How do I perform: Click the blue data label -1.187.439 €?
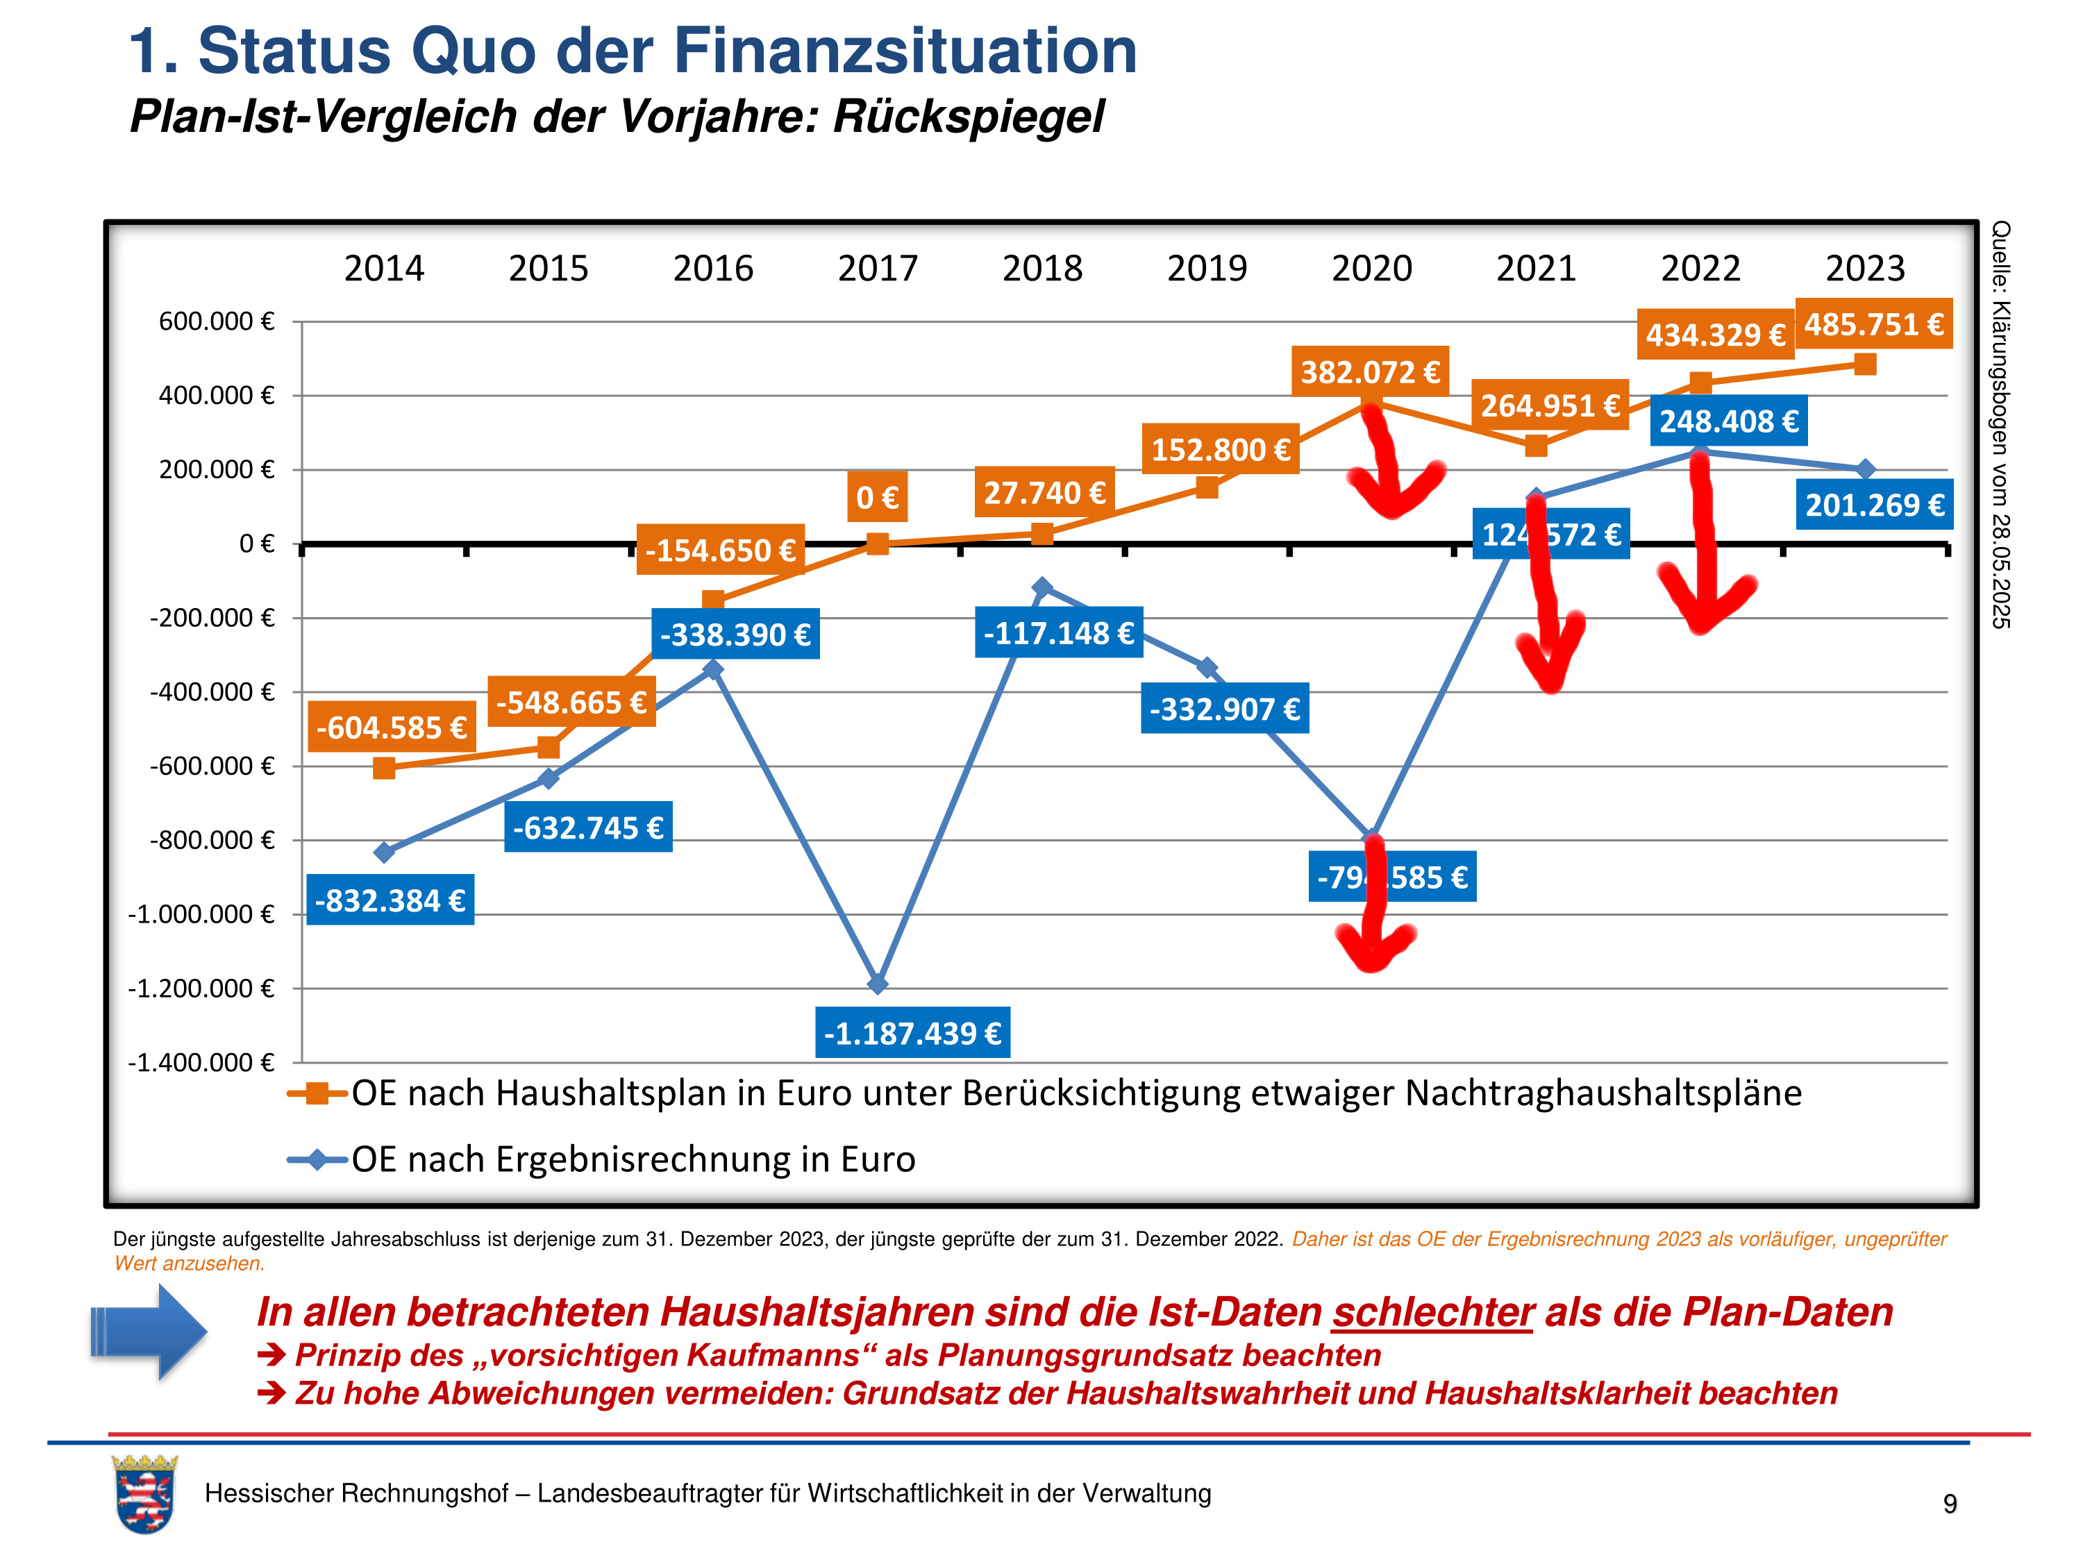(x=912, y=1033)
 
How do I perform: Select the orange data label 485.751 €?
(x=1873, y=324)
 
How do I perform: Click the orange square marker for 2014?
(x=384, y=769)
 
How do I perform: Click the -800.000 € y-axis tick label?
(x=212, y=840)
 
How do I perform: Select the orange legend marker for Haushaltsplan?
(x=318, y=1093)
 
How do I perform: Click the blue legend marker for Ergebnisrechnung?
(x=318, y=1159)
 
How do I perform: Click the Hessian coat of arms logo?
(x=144, y=1494)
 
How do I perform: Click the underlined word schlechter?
(x=1432, y=1311)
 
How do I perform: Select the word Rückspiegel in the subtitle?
(x=968, y=117)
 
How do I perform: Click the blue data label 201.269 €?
(x=1874, y=505)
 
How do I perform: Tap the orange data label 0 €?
(x=877, y=496)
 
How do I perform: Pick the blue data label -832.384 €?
(x=390, y=900)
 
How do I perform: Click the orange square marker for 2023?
(x=1864, y=364)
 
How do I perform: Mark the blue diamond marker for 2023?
(x=1864, y=469)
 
